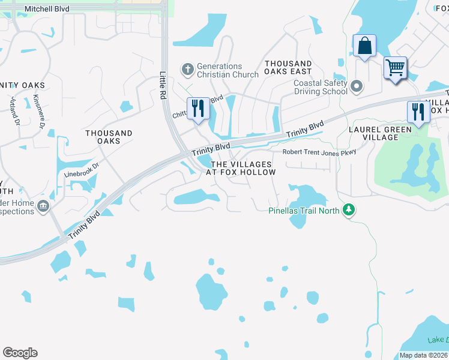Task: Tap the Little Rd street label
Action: click(x=163, y=84)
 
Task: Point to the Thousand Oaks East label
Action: click(x=288, y=68)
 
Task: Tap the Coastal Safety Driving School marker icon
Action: click(x=357, y=87)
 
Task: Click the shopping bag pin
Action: click(x=364, y=46)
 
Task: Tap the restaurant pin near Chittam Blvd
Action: click(x=198, y=108)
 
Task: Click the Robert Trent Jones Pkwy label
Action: click(x=319, y=152)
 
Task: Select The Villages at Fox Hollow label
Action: click(x=241, y=168)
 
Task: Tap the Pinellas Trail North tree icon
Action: click(x=348, y=210)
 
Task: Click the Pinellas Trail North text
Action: click(x=304, y=210)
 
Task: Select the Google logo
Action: click(x=20, y=353)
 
